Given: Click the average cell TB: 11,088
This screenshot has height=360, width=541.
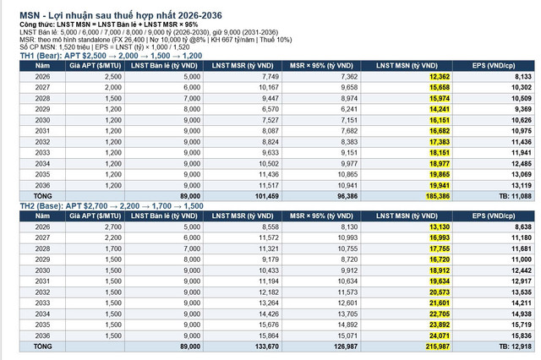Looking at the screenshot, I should click(x=512, y=194).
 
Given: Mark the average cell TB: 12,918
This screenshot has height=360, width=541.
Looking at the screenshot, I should click(x=512, y=346).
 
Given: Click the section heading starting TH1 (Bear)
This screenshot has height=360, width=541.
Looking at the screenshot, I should click(x=110, y=54).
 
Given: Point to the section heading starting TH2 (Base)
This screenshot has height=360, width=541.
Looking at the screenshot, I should click(x=110, y=205).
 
